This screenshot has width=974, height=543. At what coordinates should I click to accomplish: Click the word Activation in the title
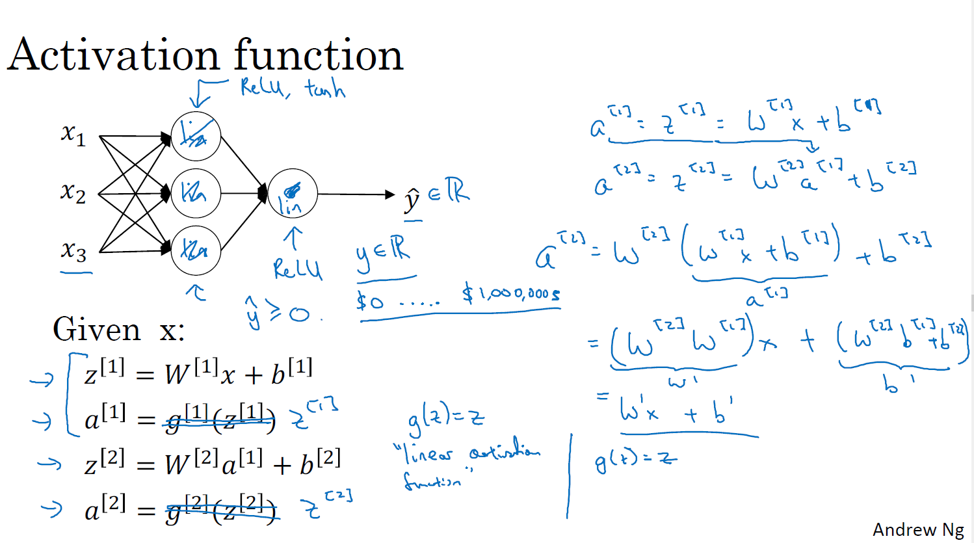(x=114, y=55)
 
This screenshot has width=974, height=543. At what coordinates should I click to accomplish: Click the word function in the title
(x=319, y=55)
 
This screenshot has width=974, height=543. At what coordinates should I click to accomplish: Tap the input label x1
(x=73, y=134)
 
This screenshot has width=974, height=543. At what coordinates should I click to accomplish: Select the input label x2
(x=73, y=192)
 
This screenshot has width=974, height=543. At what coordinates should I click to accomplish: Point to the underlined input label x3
(x=73, y=250)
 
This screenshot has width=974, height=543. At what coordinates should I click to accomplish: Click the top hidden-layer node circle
(x=196, y=137)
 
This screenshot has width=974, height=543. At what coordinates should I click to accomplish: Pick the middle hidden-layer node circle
(x=196, y=193)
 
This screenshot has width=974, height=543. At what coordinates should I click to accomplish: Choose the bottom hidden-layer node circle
(x=196, y=250)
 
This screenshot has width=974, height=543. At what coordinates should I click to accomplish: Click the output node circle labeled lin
(x=292, y=194)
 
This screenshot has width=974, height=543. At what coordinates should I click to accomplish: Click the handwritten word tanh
(x=324, y=89)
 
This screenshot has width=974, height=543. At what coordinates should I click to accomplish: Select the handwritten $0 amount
(x=370, y=300)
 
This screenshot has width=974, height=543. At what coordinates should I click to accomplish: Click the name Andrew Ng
(x=918, y=530)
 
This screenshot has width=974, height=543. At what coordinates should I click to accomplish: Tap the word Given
(x=97, y=330)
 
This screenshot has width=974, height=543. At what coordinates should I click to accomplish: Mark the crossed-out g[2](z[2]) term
(x=221, y=509)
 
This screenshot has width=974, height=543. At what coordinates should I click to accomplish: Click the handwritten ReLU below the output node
(x=297, y=269)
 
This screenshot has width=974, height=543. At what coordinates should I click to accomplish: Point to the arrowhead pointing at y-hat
(x=390, y=194)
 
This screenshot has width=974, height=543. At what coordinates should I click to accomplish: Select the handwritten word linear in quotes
(x=429, y=453)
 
